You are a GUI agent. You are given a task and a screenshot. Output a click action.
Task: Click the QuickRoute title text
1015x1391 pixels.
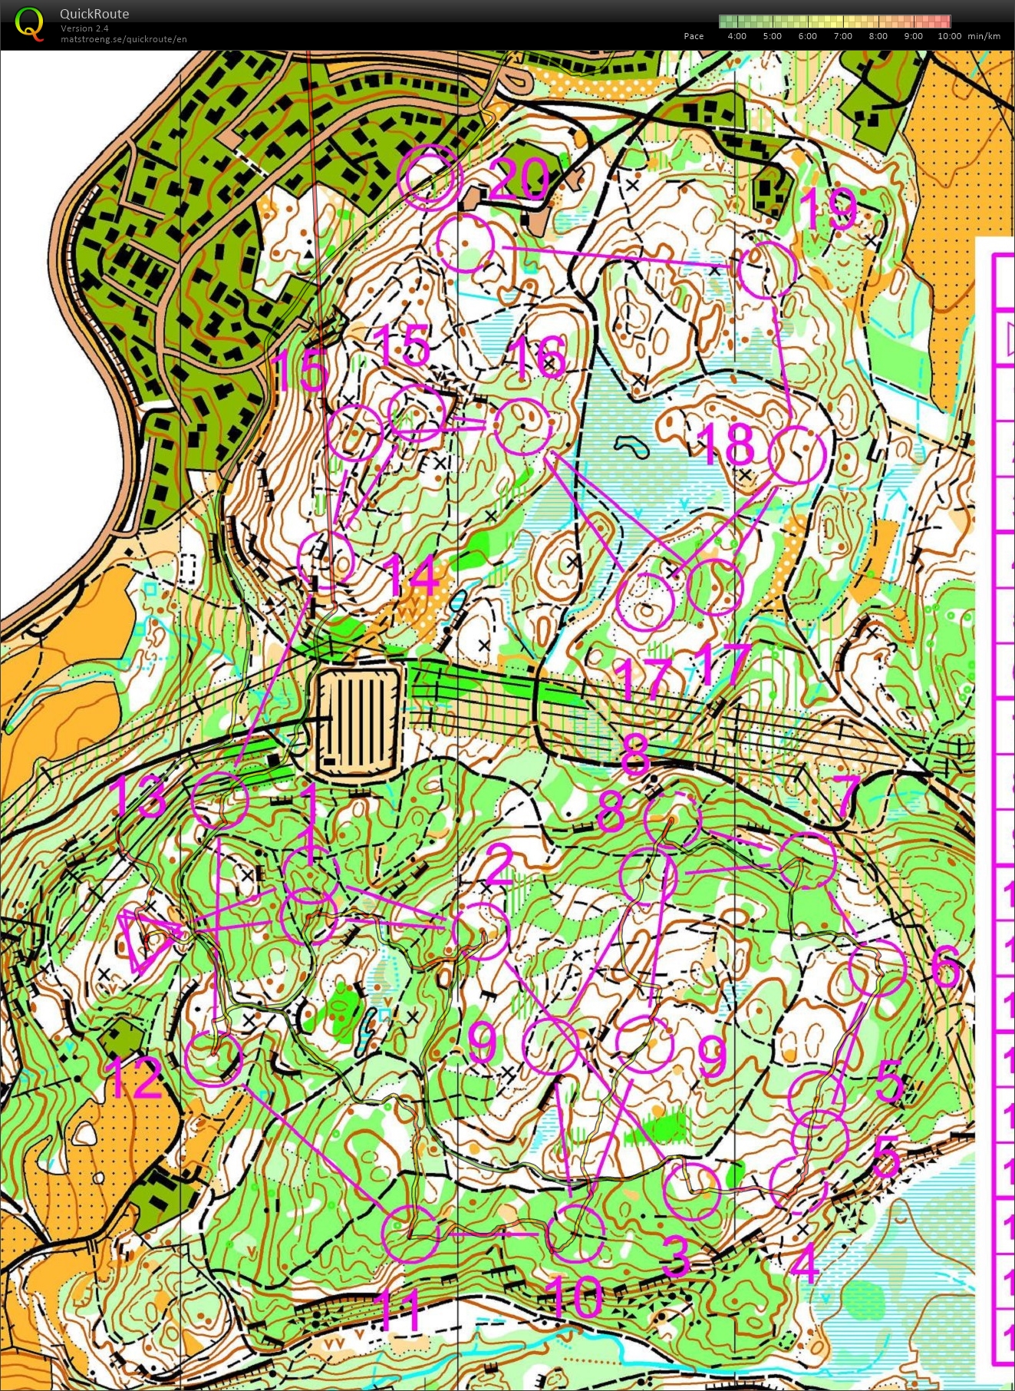click(94, 14)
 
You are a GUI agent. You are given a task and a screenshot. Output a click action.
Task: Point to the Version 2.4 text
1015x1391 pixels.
click(84, 28)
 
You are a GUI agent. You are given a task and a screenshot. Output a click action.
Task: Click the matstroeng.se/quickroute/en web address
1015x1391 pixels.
click(124, 39)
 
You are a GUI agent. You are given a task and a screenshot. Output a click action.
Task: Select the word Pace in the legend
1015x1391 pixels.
click(694, 36)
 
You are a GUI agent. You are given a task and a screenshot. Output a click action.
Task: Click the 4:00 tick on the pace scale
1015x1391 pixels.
click(737, 36)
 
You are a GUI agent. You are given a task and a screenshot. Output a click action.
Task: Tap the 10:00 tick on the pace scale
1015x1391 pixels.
click(949, 36)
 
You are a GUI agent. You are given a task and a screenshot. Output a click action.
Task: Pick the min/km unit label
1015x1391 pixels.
click(984, 36)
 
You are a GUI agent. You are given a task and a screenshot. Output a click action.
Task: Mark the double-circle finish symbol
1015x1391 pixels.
click(430, 177)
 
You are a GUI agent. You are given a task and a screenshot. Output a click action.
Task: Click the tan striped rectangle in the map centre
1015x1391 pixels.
click(360, 721)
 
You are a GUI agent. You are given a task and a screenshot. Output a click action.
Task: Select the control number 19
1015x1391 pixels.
click(828, 208)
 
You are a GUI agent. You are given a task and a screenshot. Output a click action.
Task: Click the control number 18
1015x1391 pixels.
click(728, 442)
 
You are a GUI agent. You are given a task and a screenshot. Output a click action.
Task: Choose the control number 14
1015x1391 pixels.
click(414, 576)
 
